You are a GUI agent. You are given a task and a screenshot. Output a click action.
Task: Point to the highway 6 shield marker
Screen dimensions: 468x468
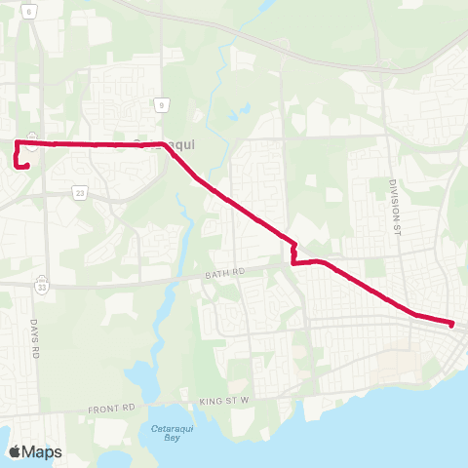(x=28, y=9)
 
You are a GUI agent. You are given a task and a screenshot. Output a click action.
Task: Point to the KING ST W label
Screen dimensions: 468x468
(x=225, y=400)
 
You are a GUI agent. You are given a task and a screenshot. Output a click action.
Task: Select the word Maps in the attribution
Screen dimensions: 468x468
(x=42, y=451)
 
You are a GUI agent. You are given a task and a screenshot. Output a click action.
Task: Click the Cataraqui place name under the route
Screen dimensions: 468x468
(x=164, y=144)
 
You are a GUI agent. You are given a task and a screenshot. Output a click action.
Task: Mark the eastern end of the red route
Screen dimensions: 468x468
(x=452, y=324)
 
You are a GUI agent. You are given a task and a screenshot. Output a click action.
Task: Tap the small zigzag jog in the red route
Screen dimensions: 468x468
(x=292, y=252)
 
